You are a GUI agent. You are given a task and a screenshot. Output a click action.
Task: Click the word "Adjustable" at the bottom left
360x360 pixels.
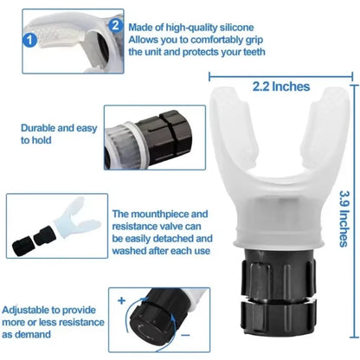click(32, 308)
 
